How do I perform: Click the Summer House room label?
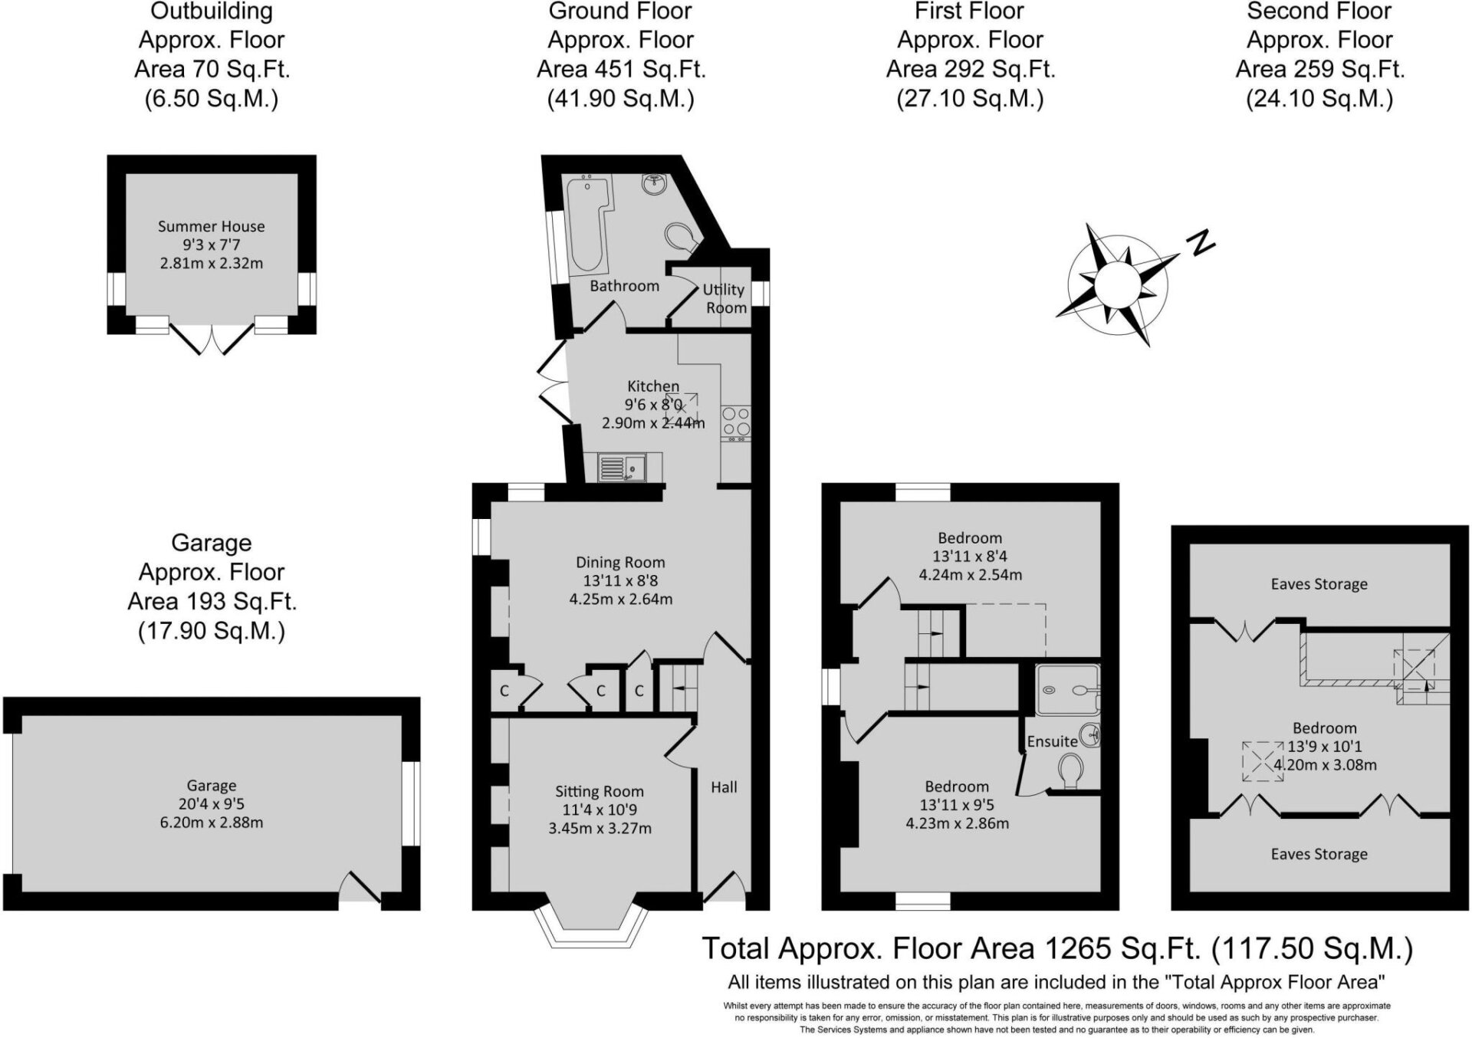[212, 227]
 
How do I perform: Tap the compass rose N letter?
[1201, 242]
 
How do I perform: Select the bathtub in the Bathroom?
[588, 223]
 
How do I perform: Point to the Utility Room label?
[724, 299]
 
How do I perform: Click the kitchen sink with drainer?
[623, 467]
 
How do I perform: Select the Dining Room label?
[620, 563]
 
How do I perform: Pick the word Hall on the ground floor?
[724, 787]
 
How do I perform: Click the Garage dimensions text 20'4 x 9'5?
[212, 804]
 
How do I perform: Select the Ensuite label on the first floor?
[1053, 741]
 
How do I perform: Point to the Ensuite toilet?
[1071, 771]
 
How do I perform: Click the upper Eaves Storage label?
[1319, 584]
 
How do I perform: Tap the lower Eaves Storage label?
[1319, 854]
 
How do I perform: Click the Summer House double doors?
[211, 338]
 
